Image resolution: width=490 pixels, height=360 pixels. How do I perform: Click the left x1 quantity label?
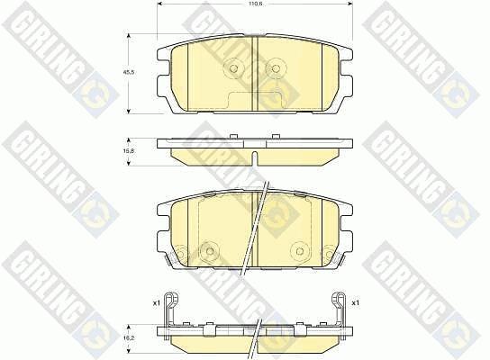coord(156,303)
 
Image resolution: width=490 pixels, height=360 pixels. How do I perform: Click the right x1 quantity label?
coord(355,303)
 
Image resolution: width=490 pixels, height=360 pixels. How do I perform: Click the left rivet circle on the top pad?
coord(233,68)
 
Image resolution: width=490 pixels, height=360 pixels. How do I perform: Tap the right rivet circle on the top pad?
coord(275,68)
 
